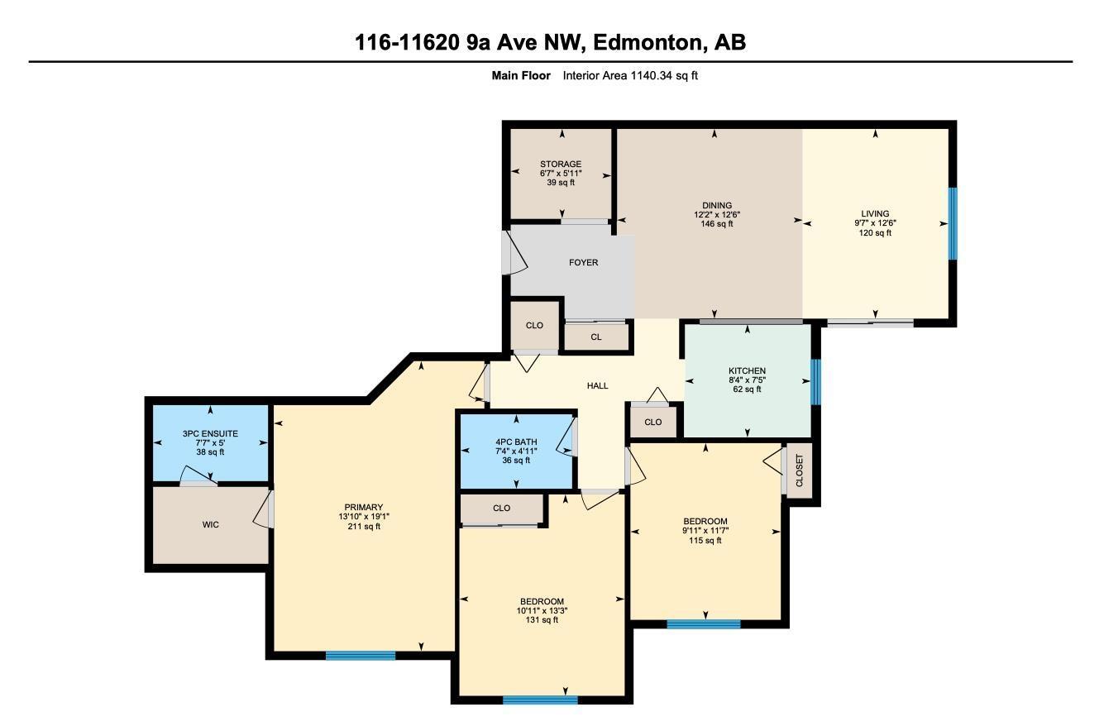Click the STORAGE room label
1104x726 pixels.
(x=561, y=164)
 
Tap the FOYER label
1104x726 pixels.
(x=583, y=262)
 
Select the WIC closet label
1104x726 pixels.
(x=211, y=524)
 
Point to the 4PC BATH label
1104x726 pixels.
(x=516, y=442)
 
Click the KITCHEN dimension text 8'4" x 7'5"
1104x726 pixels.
(x=747, y=380)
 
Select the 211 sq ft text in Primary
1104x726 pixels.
(x=364, y=527)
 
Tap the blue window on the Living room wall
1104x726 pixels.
(x=952, y=223)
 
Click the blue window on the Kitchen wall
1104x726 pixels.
(x=815, y=381)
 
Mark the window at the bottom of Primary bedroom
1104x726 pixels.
(x=361, y=656)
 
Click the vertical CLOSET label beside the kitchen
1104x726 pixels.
(x=799, y=471)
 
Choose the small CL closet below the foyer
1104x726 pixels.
(x=595, y=337)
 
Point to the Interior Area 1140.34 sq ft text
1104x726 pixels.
(x=630, y=75)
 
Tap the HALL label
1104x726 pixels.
(x=597, y=385)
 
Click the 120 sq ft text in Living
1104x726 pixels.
(x=875, y=233)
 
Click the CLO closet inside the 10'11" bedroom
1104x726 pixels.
(x=501, y=508)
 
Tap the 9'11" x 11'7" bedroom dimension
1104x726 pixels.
(x=705, y=531)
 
